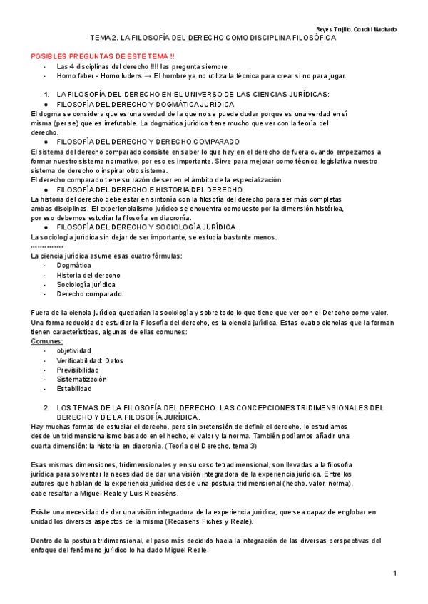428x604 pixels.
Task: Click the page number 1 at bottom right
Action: [394, 573]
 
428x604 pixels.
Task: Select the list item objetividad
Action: [74, 351]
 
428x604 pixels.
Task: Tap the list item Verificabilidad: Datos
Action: [90, 360]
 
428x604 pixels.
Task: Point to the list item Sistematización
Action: [82, 380]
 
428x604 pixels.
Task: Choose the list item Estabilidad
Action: [74, 389]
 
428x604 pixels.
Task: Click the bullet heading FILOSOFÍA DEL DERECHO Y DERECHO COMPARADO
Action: [148, 142]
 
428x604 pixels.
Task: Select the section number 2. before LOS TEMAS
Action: [46, 408]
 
